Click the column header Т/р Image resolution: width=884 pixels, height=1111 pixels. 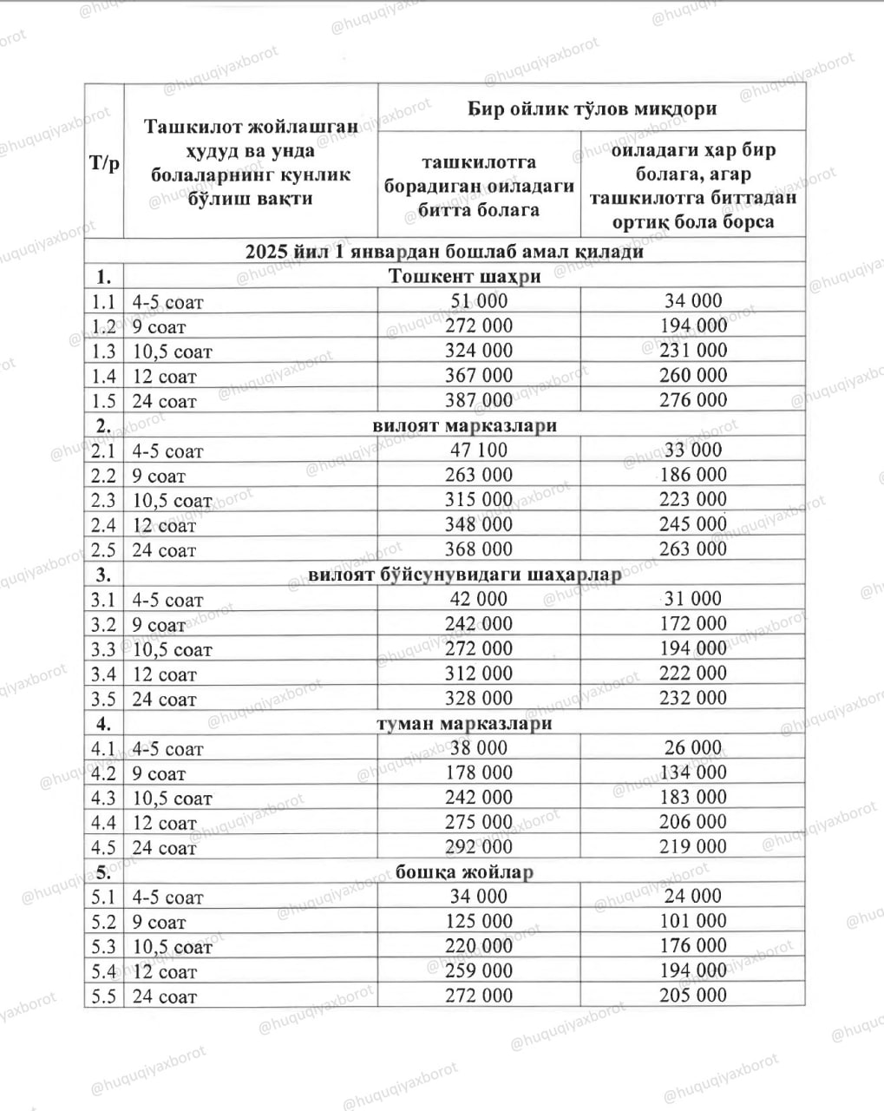point(104,163)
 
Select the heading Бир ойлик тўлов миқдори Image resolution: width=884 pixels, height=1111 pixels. point(592,109)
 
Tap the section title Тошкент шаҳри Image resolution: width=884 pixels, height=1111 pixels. point(464,277)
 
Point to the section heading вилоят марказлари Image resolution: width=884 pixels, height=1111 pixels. point(464,426)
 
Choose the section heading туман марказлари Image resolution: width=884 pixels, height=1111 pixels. point(464,724)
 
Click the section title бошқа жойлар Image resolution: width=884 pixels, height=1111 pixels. point(464,872)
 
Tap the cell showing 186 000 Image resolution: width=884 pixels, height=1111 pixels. point(692,475)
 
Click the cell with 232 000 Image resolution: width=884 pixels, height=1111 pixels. point(692,698)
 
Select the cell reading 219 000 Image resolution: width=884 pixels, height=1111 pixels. point(692,846)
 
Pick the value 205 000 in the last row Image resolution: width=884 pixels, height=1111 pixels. point(692,996)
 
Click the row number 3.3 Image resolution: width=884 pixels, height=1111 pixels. point(103,649)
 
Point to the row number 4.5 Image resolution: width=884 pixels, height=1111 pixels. point(103,847)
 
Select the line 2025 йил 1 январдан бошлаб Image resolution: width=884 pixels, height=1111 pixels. point(444,252)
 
